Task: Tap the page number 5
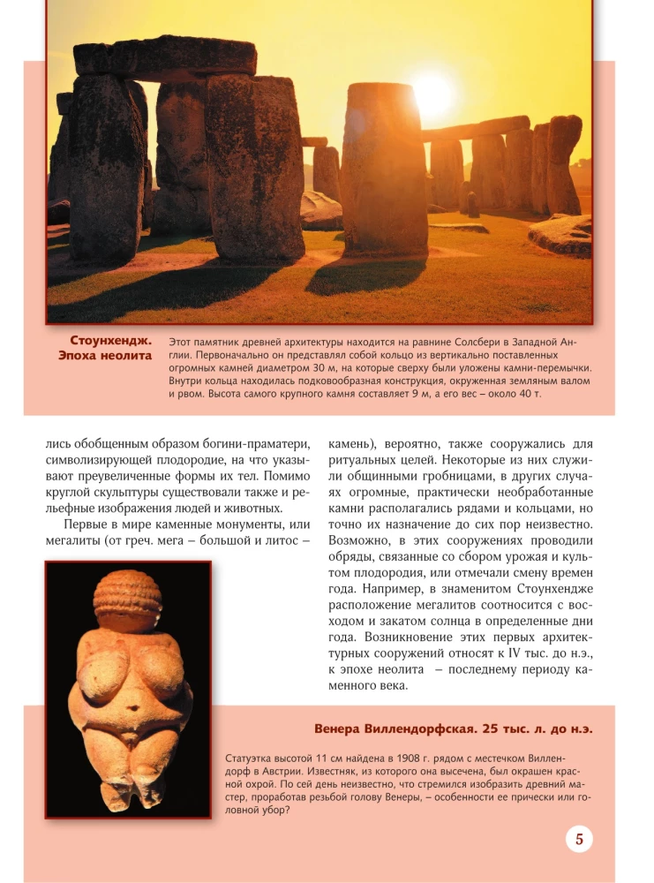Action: pos(579,839)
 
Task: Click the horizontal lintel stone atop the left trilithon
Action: pos(165,57)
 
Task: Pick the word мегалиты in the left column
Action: pos(77,541)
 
